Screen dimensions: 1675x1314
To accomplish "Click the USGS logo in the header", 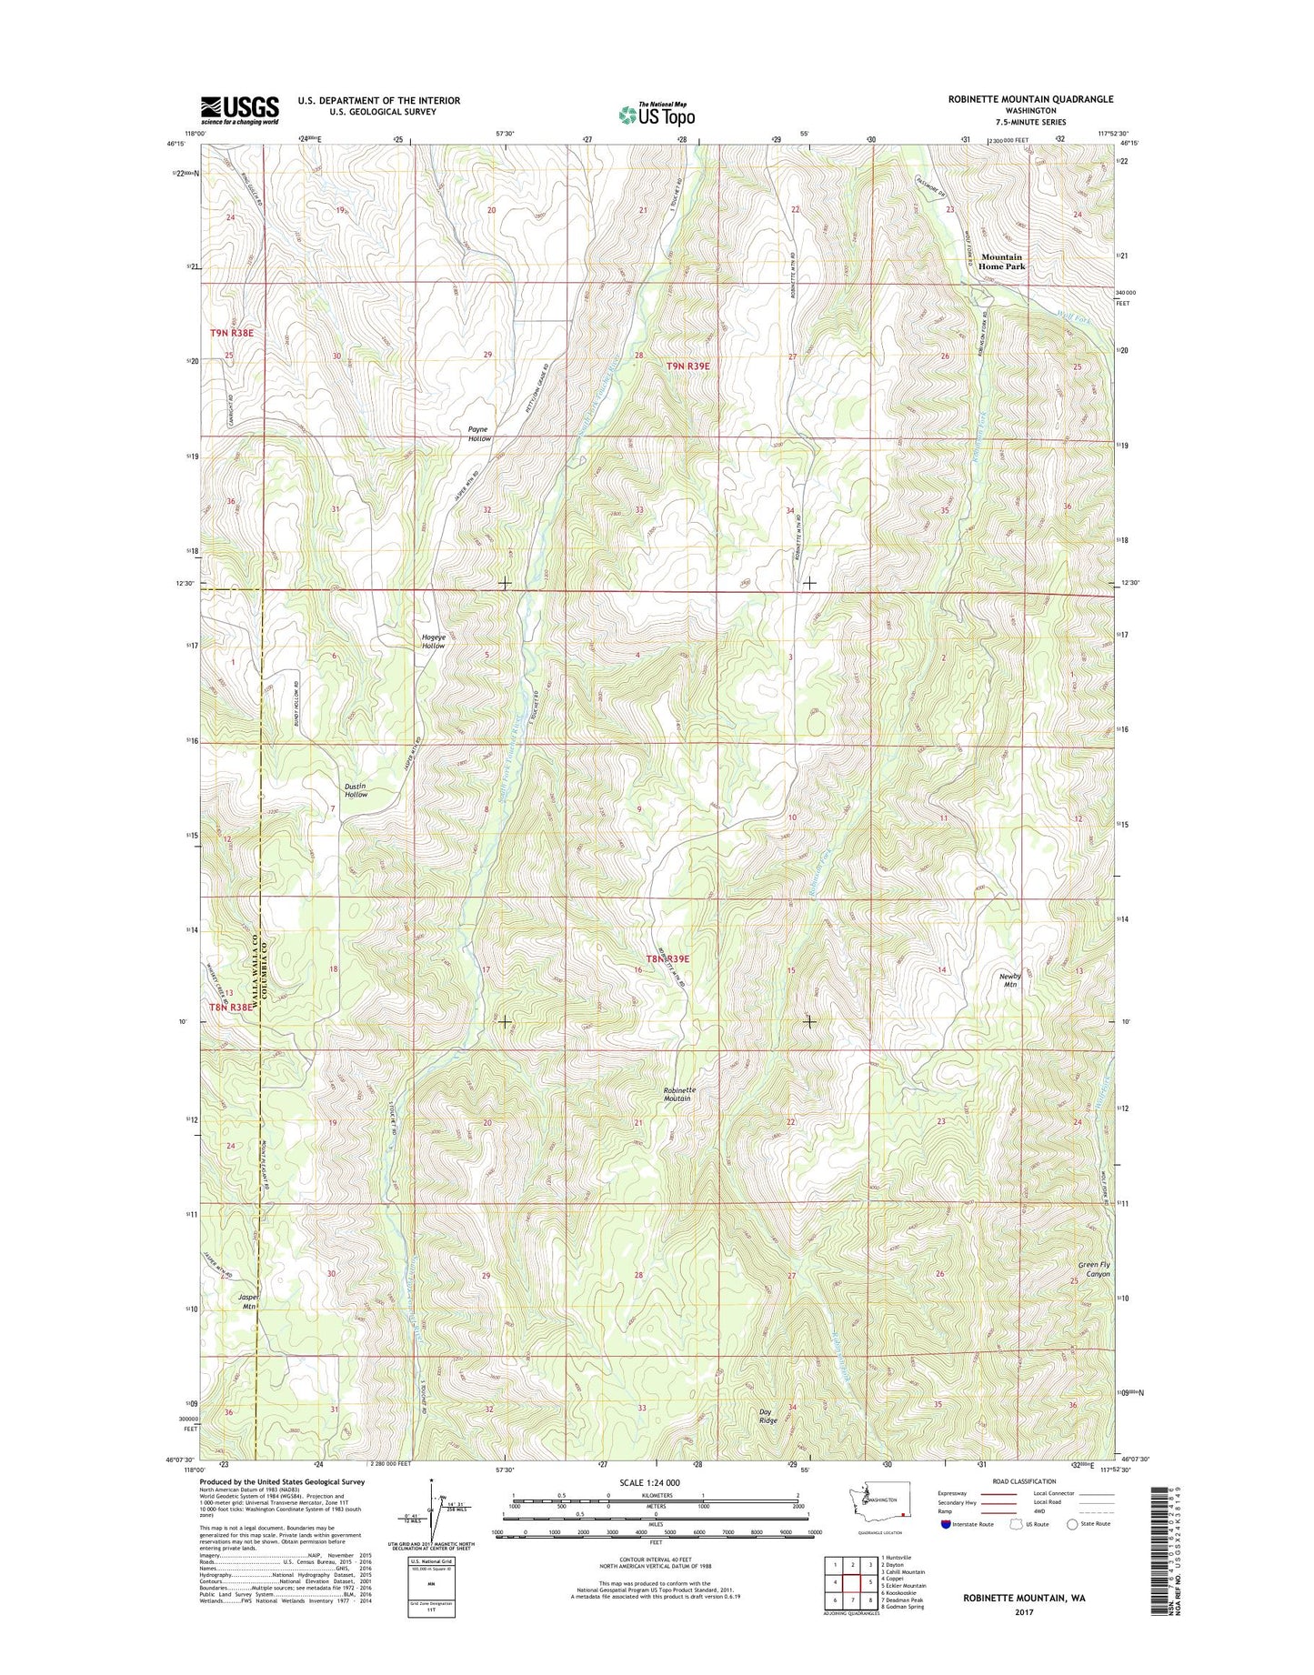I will pos(239,110).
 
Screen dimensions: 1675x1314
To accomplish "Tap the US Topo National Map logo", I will pos(657,114).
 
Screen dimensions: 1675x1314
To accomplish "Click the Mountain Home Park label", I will pos(1001,262).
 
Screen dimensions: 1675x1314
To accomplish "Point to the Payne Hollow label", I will pos(478,434).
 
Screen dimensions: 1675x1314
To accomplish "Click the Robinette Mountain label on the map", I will pos(677,1094).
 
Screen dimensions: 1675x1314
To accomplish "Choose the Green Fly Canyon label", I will pos(1093,1269).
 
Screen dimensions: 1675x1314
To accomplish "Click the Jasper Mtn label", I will pos(244,1301).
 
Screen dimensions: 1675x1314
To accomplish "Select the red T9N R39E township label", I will pos(687,366).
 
